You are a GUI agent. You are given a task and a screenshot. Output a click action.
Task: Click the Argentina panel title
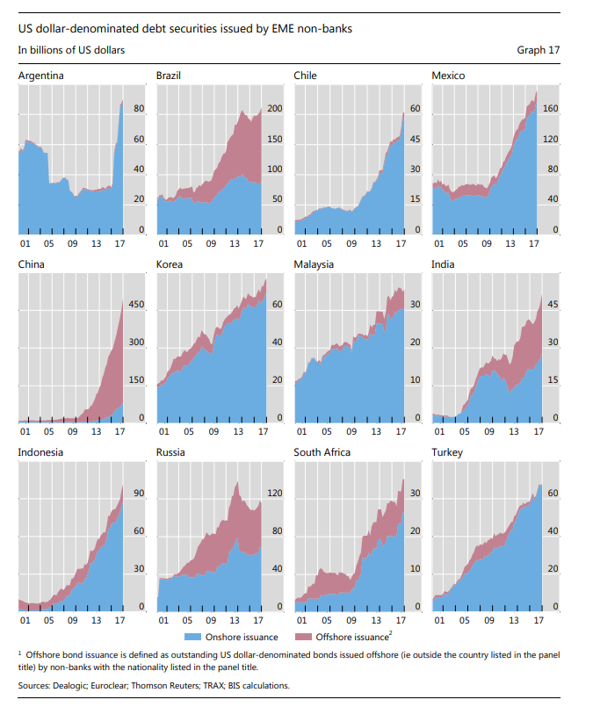(40, 76)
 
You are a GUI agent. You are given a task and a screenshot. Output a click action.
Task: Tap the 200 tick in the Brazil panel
(274, 109)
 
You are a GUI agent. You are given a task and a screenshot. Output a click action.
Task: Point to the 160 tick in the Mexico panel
(550, 109)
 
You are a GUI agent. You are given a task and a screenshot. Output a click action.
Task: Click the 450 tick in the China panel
(137, 305)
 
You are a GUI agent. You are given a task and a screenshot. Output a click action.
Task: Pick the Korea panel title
(170, 263)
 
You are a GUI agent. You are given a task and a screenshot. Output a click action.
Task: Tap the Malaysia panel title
(315, 263)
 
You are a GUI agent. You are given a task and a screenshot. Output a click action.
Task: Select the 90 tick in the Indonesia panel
(138, 494)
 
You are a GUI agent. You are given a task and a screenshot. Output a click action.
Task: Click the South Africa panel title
(322, 452)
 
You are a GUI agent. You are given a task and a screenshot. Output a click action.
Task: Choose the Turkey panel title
(447, 452)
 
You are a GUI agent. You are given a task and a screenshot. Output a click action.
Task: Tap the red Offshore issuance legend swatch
(303, 637)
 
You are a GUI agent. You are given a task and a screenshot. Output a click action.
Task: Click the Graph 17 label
(538, 50)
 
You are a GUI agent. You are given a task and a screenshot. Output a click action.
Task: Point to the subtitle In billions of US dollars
(71, 50)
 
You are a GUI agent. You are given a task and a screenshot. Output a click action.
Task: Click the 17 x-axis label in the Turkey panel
(533, 619)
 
